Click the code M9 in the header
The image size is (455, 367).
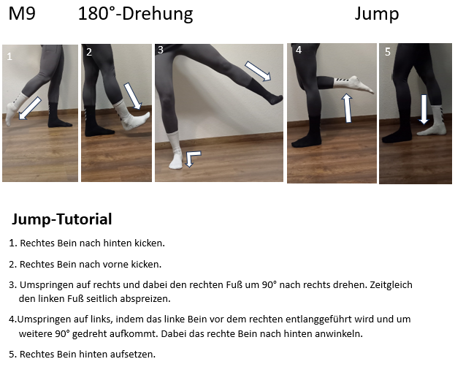click(x=22, y=14)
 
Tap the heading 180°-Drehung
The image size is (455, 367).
click(x=136, y=14)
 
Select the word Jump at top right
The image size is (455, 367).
click(x=377, y=15)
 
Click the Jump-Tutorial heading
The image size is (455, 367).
click(x=62, y=219)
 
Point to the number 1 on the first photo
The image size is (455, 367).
click(x=9, y=56)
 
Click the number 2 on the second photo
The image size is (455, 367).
click(x=89, y=52)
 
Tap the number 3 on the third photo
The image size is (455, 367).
click(x=161, y=50)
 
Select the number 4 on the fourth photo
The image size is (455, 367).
click(x=299, y=50)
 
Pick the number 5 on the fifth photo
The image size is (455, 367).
click(x=388, y=52)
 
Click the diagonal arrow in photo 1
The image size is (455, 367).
click(x=30, y=108)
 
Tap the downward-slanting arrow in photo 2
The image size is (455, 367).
click(x=133, y=97)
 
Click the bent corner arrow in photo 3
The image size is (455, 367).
click(x=192, y=158)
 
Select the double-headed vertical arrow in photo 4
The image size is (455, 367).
click(x=347, y=108)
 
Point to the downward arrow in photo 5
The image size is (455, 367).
click(x=424, y=109)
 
